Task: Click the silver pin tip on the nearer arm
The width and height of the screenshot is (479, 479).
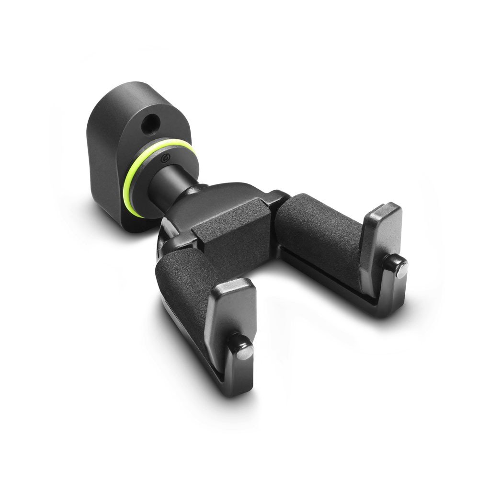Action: [245, 351]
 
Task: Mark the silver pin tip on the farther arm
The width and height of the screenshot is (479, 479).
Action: [401, 270]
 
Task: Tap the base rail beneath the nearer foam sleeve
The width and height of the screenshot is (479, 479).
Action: [192, 345]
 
